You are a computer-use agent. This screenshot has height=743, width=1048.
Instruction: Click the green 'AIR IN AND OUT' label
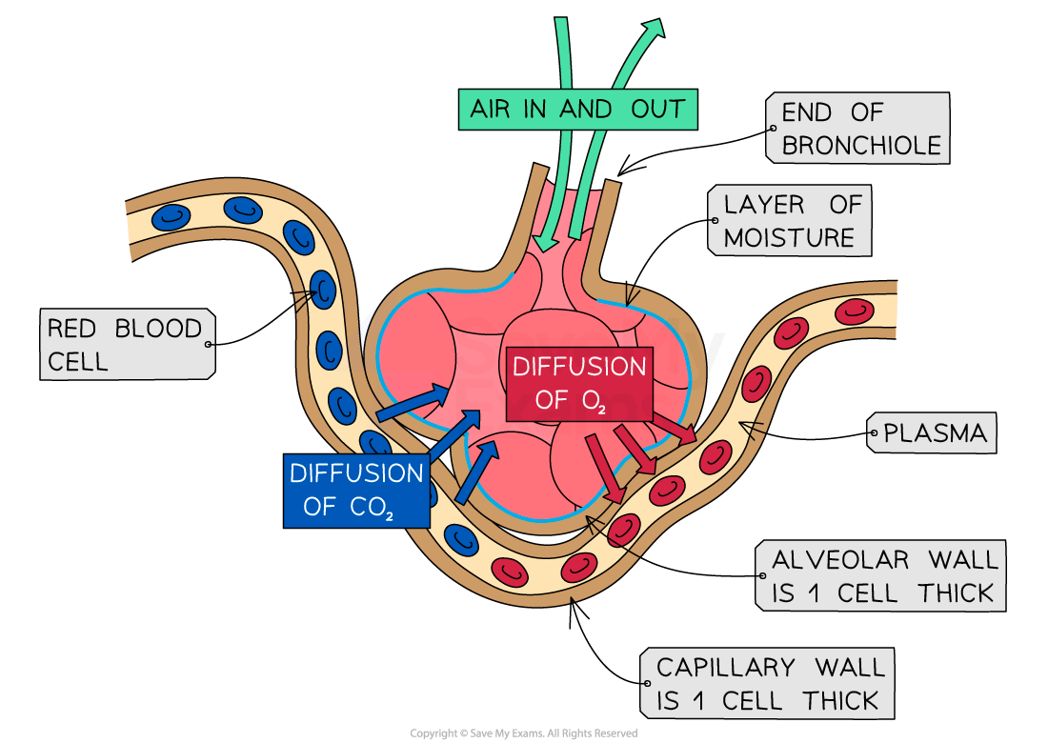tap(577, 109)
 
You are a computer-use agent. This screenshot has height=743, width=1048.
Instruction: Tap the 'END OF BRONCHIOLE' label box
tap(857, 129)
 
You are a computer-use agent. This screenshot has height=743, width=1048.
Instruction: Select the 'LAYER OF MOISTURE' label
tap(790, 221)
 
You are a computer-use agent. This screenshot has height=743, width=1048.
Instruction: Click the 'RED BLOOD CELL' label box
tap(127, 344)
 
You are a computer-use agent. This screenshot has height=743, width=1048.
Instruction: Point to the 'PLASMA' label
tap(932, 433)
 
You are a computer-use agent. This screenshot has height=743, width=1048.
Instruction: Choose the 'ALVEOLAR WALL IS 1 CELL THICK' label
tap(880, 576)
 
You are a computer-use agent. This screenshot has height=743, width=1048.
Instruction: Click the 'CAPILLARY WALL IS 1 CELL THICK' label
tap(768, 683)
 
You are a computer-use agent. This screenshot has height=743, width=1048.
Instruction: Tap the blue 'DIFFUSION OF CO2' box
tap(356, 490)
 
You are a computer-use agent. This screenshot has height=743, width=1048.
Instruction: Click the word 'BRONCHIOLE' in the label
tap(861, 146)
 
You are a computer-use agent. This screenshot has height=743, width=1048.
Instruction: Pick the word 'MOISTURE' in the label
tap(789, 237)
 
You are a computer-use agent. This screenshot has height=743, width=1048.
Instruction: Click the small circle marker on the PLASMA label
tap(873, 433)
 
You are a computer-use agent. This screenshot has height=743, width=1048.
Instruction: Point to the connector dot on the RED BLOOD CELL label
tap(209, 344)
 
